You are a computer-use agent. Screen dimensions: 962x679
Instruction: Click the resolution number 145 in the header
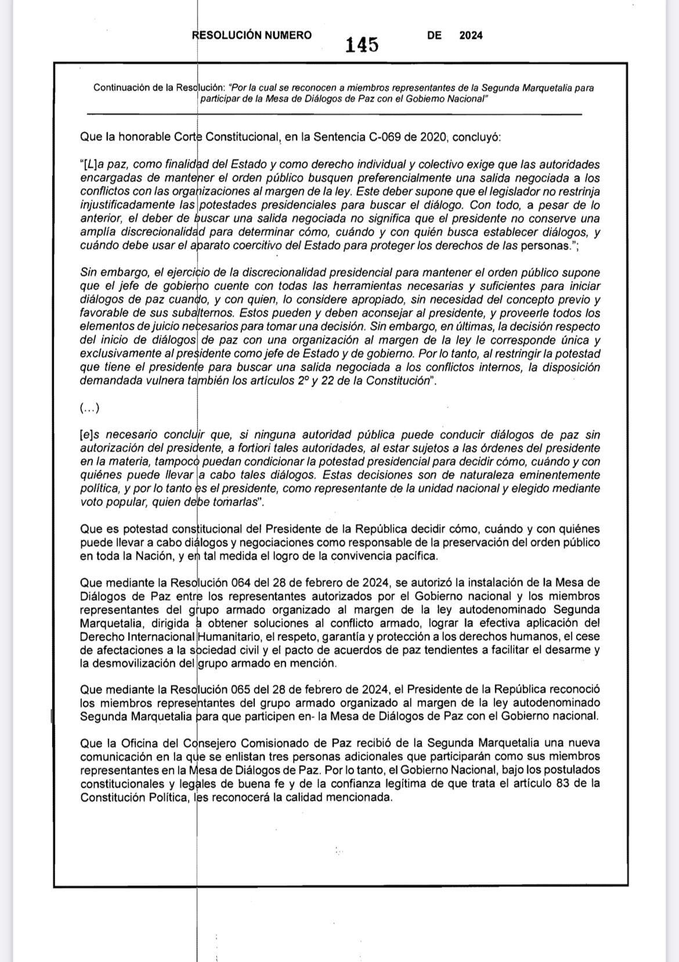pos(362,45)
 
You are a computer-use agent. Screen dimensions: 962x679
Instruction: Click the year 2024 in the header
pos(471,35)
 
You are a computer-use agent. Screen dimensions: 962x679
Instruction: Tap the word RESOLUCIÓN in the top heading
pos(226,35)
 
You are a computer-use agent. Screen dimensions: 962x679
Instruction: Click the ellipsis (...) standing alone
pos(89,408)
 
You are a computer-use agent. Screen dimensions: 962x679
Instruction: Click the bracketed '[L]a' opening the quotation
pos(92,165)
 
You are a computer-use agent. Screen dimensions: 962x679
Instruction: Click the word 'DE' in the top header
pos(434,35)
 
